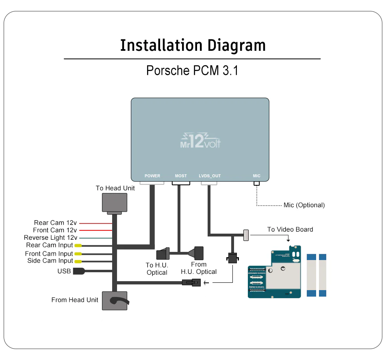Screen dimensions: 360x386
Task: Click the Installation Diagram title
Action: click(x=193, y=45)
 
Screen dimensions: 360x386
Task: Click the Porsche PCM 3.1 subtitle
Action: click(x=192, y=70)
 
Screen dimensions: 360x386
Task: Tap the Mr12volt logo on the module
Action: click(x=200, y=141)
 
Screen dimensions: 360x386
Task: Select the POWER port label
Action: click(x=152, y=176)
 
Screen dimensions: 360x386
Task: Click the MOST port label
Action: click(x=181, y=176)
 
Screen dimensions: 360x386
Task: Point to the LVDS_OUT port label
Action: click(x=210, y=176)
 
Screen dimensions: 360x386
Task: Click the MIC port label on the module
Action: click(x=256, y=176)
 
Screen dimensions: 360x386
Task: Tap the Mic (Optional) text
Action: click(x=304, y=205)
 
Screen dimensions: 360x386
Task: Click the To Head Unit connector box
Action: click(x=114, y=203)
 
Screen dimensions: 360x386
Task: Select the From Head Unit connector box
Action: click(x=114, y=301)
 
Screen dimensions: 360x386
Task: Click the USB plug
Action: click(x=78, y=271)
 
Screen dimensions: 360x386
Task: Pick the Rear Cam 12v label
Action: click(x=55, y=223)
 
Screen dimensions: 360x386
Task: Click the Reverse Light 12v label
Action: click(x=50, y=238)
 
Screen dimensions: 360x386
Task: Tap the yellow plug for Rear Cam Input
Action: click(x=78, y=245)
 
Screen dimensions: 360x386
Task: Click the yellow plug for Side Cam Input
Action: click(x=78, y=261)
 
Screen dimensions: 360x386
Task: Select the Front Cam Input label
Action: click(x=49, y=254)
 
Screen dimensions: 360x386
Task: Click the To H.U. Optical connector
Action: click(x=165, y=253)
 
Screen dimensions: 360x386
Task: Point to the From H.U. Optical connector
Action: click(x=198, y=253)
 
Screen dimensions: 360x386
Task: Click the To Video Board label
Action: click(x=290, y=230)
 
